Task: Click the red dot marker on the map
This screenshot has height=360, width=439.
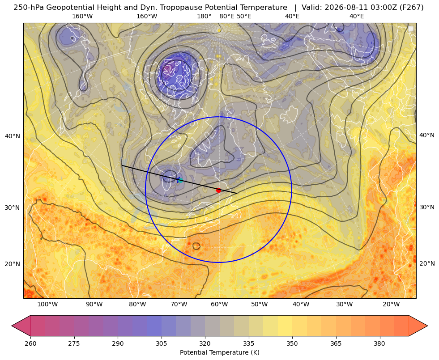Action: tap(219, 191)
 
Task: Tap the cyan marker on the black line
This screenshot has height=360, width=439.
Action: tap(180, 180)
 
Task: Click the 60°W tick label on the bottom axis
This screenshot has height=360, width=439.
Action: tap(219, 305)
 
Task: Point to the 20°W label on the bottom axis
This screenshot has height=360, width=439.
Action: tap(391, 305)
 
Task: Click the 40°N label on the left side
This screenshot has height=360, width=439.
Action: tap(13, 136)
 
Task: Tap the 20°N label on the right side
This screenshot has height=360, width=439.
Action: tap(427, 263)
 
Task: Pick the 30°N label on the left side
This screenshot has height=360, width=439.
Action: tap(13, 208)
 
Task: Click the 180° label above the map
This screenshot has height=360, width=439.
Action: tap(204, 16)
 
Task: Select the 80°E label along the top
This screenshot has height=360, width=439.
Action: tap(226, 16)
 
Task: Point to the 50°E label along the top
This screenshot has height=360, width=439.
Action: tap(244, 16)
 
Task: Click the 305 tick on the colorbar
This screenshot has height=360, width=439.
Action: tap(161, 343)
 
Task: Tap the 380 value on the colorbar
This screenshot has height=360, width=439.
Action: tap(379, 343)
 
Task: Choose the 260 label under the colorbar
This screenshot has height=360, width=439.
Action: tap(30, 343)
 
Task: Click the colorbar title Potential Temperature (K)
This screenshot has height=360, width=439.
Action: tap(219, 352)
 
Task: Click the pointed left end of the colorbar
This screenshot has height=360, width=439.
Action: tap(12, 326)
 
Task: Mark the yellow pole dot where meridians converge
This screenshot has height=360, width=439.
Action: tap(219, 30)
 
